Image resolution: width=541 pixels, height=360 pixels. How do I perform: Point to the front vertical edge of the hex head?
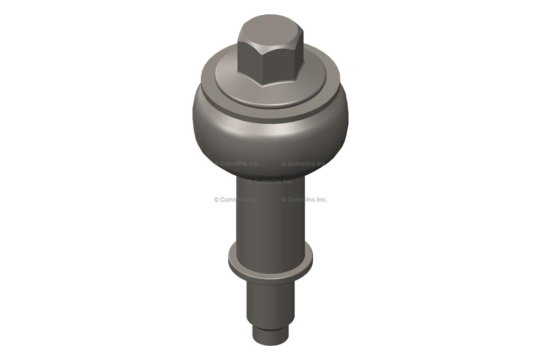click(265, 66)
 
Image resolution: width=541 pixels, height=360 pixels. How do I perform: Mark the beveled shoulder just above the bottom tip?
click(270, 326)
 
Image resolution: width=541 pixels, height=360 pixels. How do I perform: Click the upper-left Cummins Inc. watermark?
click(237, 164)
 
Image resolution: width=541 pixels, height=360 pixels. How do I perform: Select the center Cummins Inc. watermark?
click(270, 182)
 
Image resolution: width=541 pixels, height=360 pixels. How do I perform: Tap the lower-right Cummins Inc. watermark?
click(304, 200)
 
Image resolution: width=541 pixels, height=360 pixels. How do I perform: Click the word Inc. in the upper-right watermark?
click(321, 164)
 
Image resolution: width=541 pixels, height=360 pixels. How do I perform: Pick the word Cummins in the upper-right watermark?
click(301, 164)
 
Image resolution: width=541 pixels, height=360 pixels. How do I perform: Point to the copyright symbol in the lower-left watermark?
click(217, 200)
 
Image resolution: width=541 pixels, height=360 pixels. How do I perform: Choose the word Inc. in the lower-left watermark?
click(253, 200)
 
